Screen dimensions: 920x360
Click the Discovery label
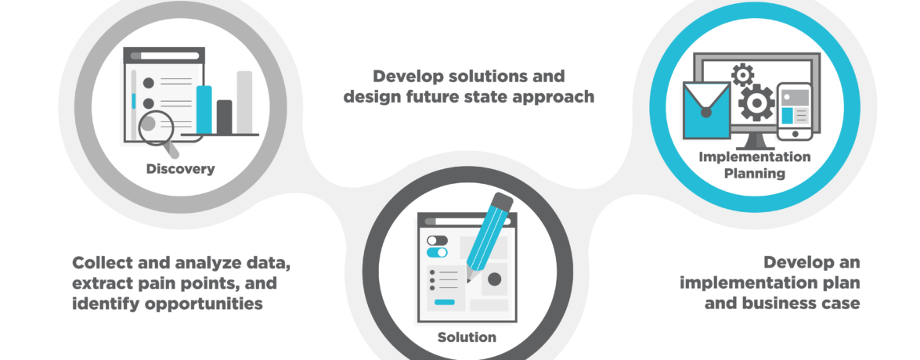point(180,170)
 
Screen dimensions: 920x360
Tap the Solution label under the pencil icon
point(467,337)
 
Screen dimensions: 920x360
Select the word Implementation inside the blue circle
point(755,157)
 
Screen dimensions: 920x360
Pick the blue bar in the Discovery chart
point(204,110)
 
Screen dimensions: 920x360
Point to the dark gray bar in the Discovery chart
point(224,117)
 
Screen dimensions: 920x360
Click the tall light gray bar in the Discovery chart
point(244,103)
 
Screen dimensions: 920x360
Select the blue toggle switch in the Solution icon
point(437,253)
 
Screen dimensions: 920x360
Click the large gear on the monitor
point(756,103)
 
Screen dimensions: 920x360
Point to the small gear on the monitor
point(743,74)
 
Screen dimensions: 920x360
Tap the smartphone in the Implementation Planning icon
point(795,112)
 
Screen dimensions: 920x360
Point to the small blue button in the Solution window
point(444,302)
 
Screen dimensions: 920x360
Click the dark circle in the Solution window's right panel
point(495,279)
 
